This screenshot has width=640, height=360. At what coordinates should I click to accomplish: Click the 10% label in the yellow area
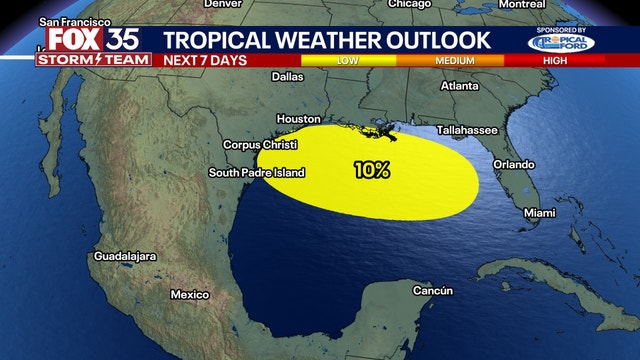[x=371, y=170]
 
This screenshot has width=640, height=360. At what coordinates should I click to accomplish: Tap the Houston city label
[x=297, y=118]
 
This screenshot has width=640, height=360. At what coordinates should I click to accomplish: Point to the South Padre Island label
[x=256, y=173]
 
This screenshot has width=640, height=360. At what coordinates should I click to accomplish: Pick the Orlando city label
[x=514, y=164]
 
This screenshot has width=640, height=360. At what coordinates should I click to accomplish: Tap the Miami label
[x=539, y=213]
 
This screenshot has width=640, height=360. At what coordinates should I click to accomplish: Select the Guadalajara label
[x=125, y=257]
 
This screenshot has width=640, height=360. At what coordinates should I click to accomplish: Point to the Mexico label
[x=189, y=295]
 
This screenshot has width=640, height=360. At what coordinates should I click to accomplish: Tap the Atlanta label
[x=460, y=86]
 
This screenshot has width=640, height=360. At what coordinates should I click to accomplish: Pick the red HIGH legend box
[x=572, y=60]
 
